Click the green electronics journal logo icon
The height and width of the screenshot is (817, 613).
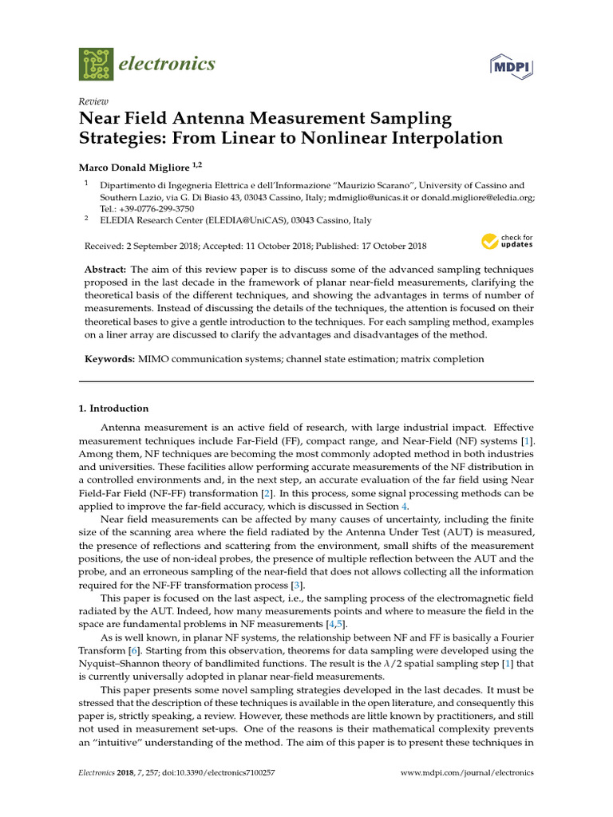(96, 63)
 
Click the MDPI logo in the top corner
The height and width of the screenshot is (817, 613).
(510, 65)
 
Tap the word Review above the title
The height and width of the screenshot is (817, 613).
(92, 102)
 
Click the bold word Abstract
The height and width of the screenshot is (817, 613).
(106, 270)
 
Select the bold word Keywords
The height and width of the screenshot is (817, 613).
(109, 359)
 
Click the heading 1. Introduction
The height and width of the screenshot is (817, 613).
(113, 408)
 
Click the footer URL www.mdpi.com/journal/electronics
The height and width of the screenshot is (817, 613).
(466, 773)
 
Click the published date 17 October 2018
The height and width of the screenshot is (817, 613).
(389, 246)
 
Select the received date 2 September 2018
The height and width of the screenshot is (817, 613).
(160, 246)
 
